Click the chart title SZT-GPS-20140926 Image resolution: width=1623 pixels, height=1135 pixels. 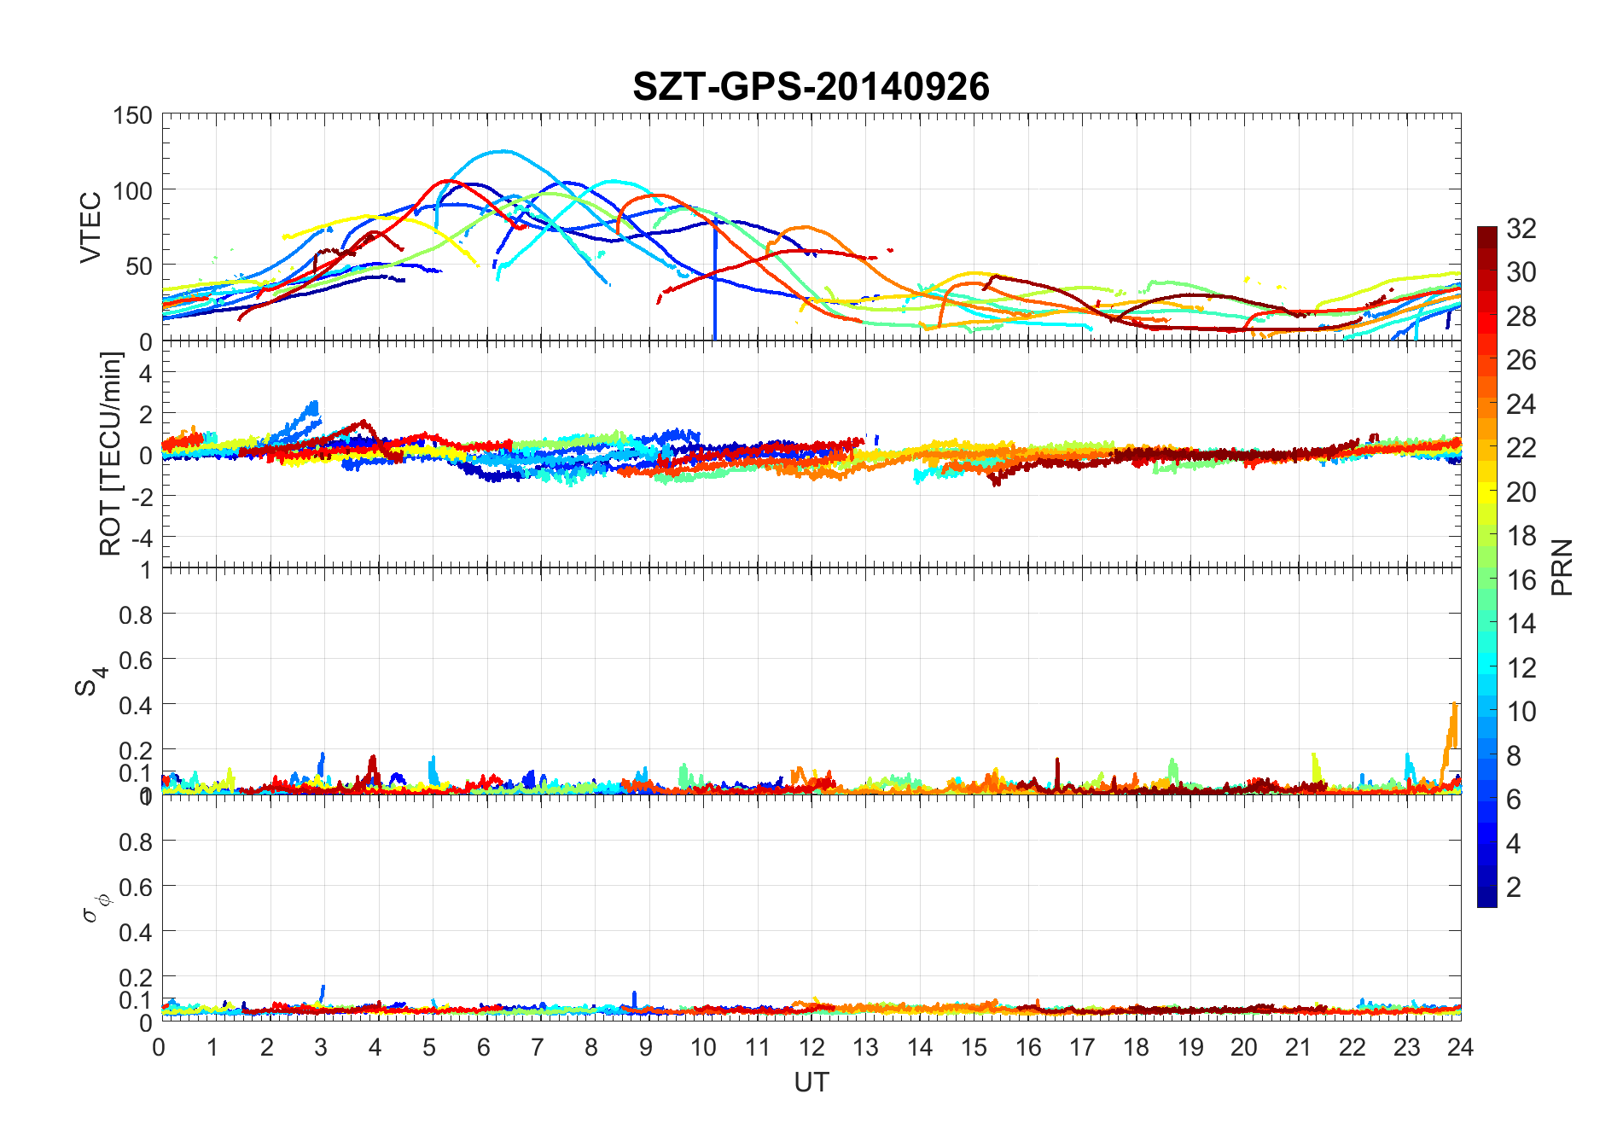811,87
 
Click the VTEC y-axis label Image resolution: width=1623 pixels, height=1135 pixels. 90,227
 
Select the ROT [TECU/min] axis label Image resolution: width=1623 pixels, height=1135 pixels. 111,454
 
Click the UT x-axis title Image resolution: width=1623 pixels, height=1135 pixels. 811,1082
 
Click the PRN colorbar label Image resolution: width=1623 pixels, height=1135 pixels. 1562,567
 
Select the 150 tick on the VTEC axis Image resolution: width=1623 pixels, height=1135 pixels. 132,115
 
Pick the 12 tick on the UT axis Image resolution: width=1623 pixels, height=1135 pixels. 811,1047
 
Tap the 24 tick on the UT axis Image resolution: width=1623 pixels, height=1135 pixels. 1460,1047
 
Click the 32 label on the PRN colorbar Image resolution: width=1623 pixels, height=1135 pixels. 1521,228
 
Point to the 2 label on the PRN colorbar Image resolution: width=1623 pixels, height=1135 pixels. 1514,888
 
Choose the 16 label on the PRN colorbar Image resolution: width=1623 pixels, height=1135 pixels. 1521,580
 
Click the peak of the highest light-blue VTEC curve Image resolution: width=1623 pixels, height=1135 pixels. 503,151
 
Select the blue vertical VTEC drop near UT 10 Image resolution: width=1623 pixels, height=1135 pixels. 715,282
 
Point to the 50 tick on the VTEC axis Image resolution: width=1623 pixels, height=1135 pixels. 138,266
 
